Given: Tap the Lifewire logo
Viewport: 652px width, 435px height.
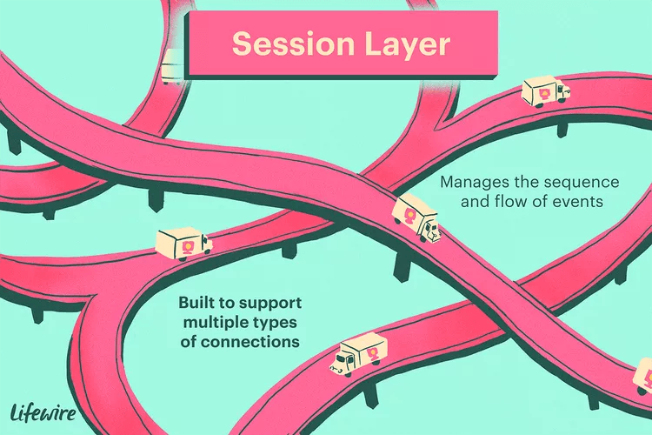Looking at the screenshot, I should click(42, 412).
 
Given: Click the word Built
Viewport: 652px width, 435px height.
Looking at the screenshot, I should click(196, 304).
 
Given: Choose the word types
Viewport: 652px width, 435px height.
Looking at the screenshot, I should click(278, 323).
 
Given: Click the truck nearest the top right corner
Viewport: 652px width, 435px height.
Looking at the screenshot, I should click(545, 91).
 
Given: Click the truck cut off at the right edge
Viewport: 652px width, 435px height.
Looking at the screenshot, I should click(642, 377).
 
